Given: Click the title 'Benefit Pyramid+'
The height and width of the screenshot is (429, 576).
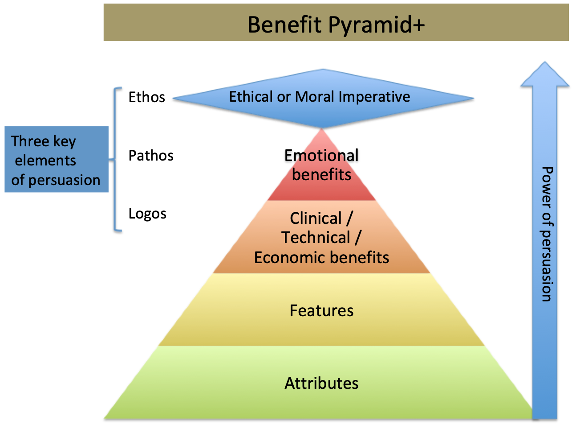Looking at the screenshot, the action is [x=336, y=25].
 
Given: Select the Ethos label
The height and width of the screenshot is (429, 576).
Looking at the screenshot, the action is [x=147, y=97].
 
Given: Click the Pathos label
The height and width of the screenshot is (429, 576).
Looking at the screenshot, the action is [x=151, y=155].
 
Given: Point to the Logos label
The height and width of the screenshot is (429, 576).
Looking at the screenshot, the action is [x=147, y=214].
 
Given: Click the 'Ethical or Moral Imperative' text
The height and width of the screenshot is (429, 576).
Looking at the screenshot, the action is [x=320, y=96].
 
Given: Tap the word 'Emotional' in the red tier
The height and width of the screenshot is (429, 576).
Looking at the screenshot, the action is [x=321, y=155].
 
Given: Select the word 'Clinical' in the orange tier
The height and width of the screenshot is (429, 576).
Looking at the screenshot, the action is [x=316, y=218].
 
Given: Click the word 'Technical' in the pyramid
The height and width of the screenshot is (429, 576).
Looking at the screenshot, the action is [x=316, y=237].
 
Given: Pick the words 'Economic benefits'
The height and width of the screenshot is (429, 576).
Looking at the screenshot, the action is [x=321, y=258].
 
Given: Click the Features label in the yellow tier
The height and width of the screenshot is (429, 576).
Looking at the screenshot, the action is [x=321, y=310].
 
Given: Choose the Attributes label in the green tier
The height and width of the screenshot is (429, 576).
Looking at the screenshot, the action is [x=321, y=383].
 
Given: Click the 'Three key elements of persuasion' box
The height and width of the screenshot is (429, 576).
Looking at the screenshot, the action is [x=57, y=159].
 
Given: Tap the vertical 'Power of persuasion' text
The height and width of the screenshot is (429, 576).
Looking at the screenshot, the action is [x=547, y=234].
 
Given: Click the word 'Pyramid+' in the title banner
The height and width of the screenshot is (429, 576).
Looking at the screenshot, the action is [x=377, y=25].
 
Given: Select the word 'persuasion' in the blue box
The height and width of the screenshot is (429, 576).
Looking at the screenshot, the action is [x=64, y=180].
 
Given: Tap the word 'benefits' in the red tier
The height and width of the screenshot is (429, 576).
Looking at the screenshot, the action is [x=321, y=174].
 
